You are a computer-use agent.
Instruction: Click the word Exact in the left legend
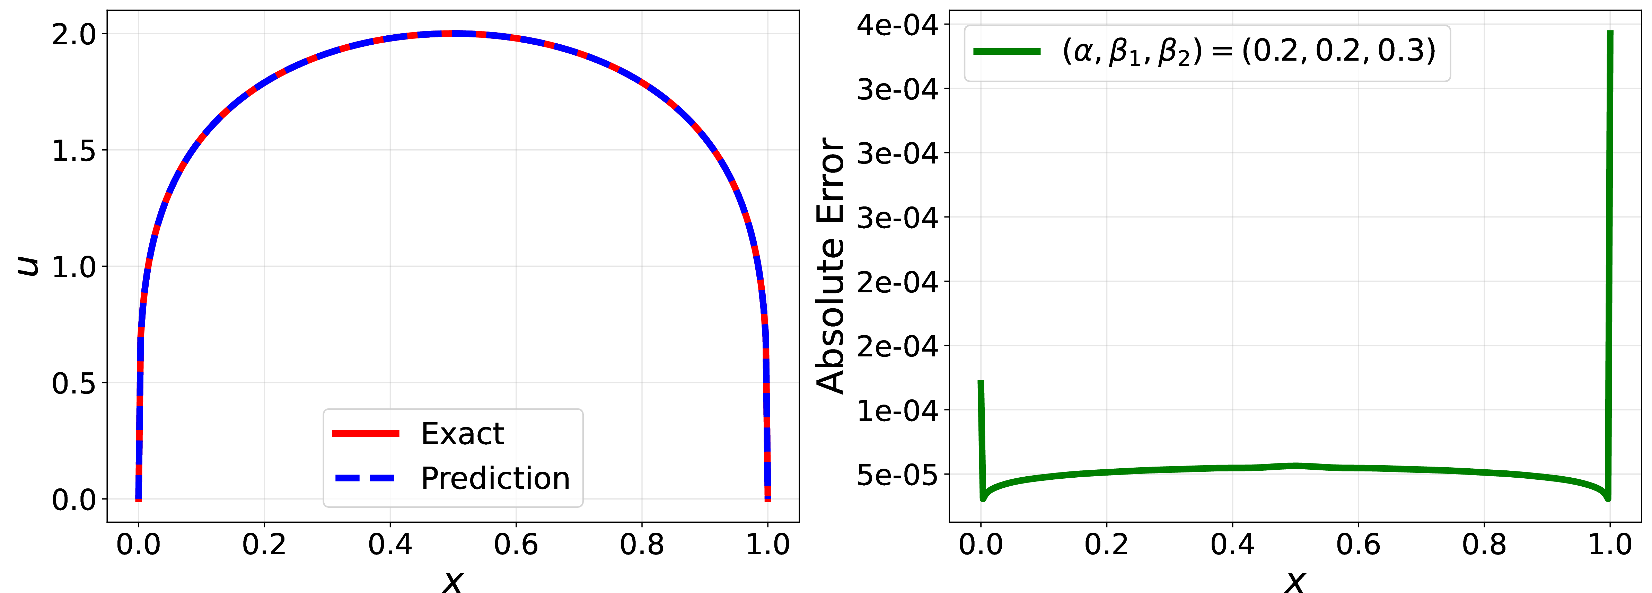coord(463,434)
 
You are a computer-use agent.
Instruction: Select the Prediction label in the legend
coord(495,478)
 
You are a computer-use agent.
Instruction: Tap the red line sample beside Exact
coord(366,434)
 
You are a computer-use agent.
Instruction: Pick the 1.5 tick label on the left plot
coord(74,151)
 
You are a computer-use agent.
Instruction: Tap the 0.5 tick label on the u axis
coord(74,383)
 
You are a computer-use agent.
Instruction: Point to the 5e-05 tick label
coord(897,475)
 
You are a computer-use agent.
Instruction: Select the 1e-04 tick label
coord(897,410)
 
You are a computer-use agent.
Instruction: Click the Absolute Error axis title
coord(831,265)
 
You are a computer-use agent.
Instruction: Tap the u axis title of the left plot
coord(28,265)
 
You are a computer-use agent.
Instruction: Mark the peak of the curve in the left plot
coord(453,33)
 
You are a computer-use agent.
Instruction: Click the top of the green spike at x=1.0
coord(1610,32)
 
